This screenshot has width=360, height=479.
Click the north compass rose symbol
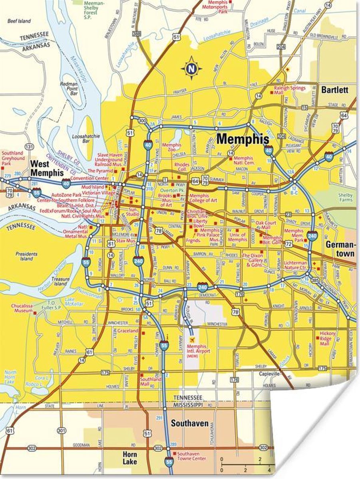(x=191, y=68)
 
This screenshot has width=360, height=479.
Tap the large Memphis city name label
(x=243, y=139)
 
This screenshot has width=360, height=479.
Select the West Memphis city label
(x=47, y=168)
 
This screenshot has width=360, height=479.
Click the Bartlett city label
(x=334, y=90)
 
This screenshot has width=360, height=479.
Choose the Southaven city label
(x=189, y=423)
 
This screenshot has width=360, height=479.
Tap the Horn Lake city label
(x=129, y=458)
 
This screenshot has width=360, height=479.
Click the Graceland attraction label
(x=127, y=331)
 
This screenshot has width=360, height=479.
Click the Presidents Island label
(x=27, y=256)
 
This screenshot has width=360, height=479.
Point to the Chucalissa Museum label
(x=22, y=308)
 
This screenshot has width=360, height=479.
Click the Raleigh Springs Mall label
(x=289, y=90)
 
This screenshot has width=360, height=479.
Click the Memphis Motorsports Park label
(x=226, y=7)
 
